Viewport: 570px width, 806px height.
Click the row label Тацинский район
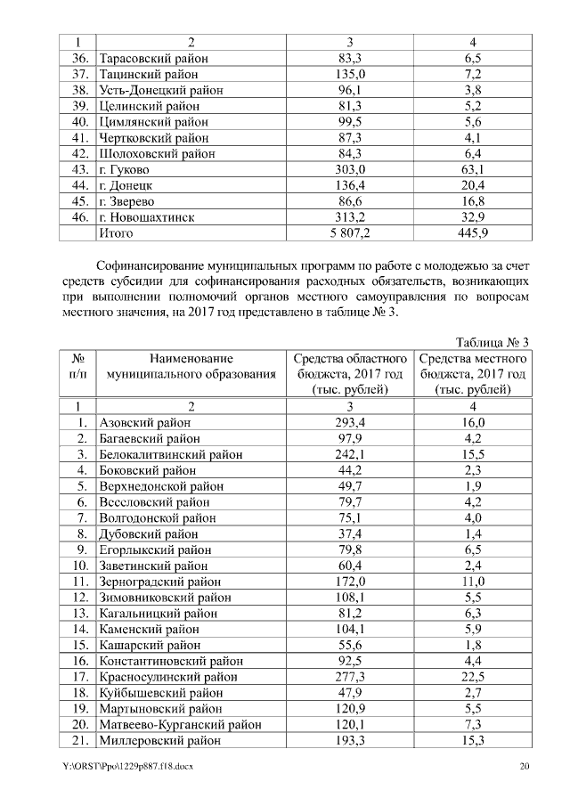click(x=149, y=74)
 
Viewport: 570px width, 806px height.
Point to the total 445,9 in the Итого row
click(x=473, y=233)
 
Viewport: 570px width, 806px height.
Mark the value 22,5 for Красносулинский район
click(x=473, y=676)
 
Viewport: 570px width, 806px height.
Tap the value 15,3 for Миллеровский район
click(x=473, y=740)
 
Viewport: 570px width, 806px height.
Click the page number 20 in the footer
click(x=525, y=767)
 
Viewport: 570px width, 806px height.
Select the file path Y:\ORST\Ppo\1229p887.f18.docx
click(x=123, y=767)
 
